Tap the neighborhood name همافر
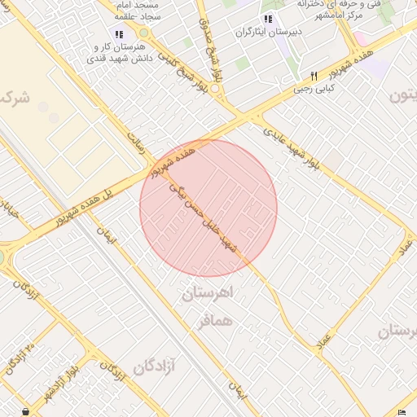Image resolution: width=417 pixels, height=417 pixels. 215,320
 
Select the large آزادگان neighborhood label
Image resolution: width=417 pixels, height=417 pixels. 156,367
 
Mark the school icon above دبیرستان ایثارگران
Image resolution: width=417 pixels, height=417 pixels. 267,20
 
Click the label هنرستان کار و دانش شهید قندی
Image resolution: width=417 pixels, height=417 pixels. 120,55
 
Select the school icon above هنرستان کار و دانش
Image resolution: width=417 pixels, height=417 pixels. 120,34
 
